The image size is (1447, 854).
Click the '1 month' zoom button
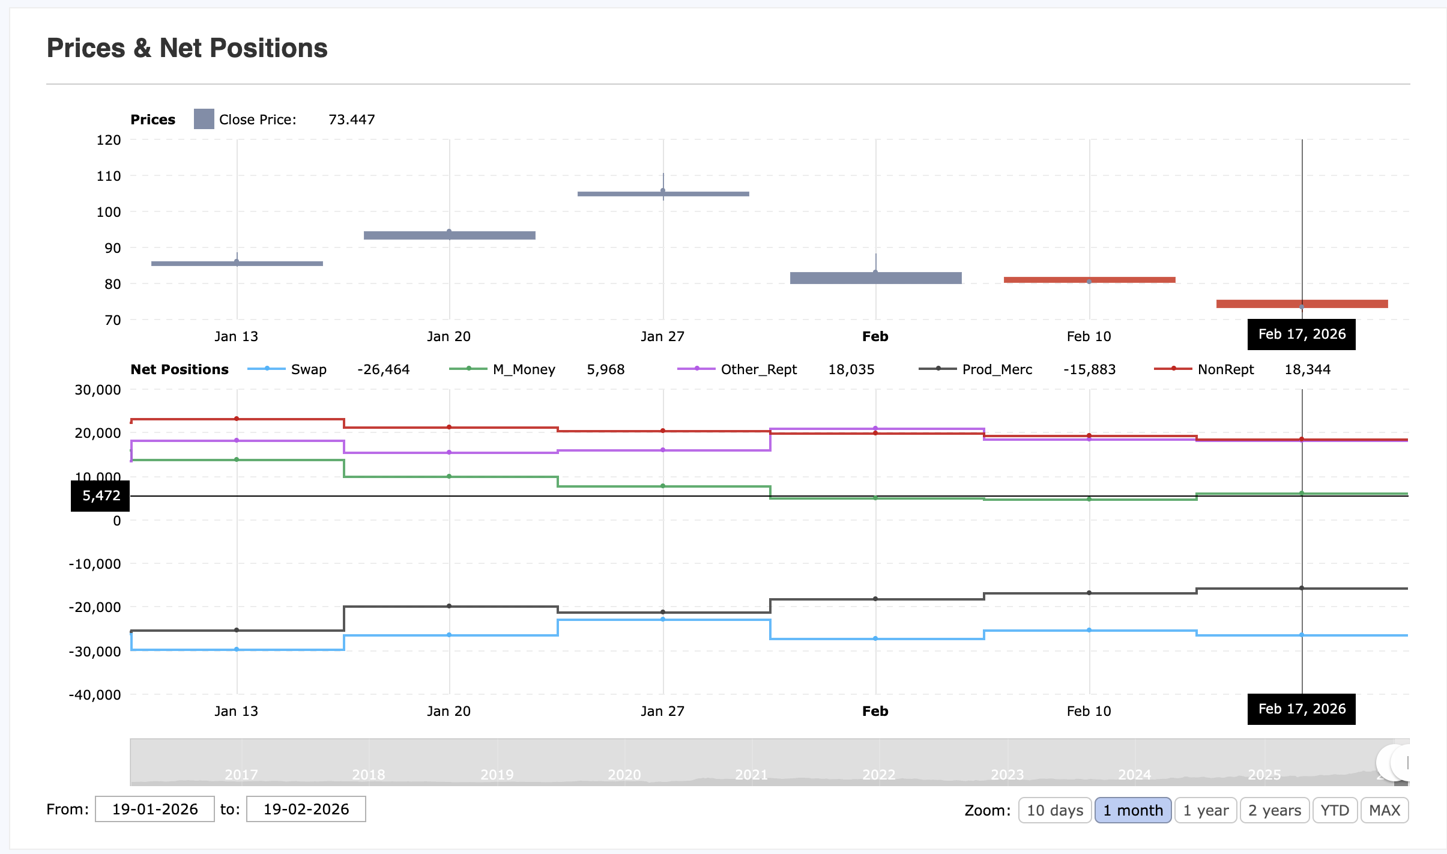(x=1132, y=810)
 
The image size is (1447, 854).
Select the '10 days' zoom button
(x=1054, y=810)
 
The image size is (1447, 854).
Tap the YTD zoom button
(x=1334, y=810)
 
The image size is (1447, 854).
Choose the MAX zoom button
(x=1384, y=810)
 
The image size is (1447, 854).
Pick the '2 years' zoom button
(x=1274, y=810)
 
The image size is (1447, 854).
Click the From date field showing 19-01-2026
(x=155, y=809)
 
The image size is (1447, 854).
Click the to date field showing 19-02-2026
(x=306, y=809)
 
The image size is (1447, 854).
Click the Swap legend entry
(x=308, y=369)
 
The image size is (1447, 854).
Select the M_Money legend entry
(x=524, y=369)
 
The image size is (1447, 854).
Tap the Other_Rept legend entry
(x=758, y=369)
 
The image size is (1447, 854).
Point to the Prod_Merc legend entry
(x=997, y=369)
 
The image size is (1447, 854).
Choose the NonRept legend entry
(x=1225, y=369)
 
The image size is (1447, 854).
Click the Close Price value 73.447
(x=351, y=120)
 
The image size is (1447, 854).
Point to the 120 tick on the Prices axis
(x=109, y=140)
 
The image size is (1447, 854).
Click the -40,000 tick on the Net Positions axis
(x=95, y=695)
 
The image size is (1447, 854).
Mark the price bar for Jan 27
(x=663, y=194)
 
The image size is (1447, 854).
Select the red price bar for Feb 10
(x=1089, y=280)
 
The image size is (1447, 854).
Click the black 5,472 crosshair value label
(x=101, y=495)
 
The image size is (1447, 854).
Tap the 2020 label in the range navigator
(x=624, y=775)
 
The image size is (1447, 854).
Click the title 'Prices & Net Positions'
(x=187, y=48)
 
